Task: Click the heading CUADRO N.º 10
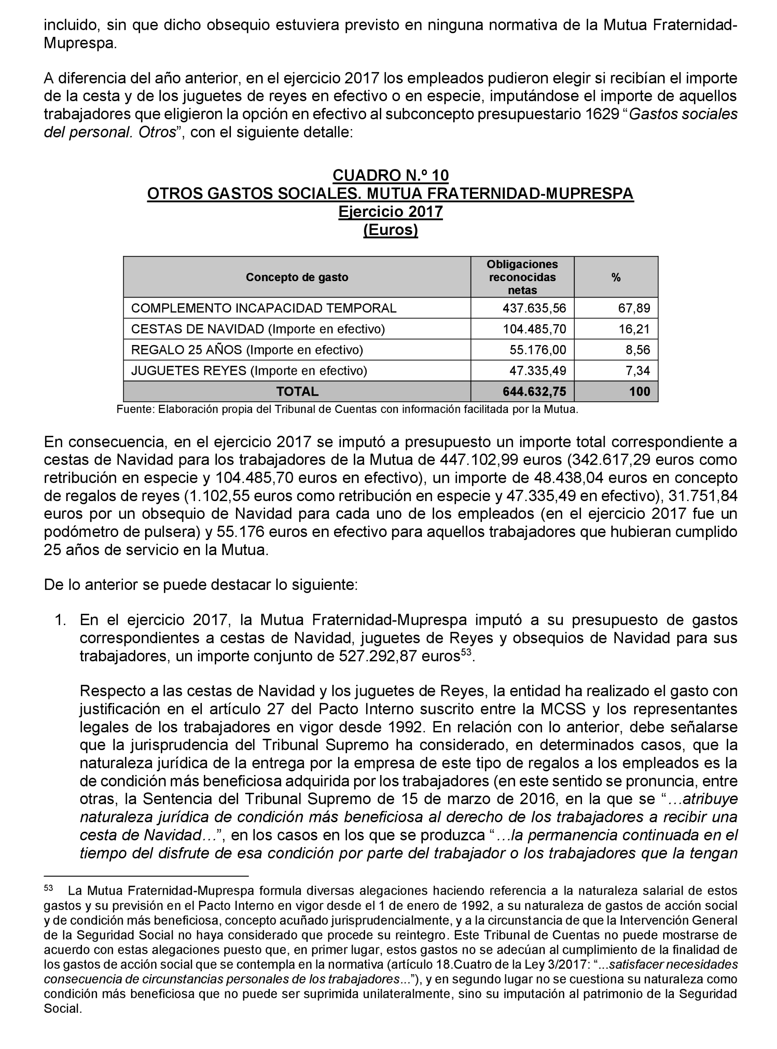[x=390, y=175]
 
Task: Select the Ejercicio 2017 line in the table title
[x=390, y=212]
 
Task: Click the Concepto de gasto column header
[x=297, y=277]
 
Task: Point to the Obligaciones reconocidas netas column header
[x=522, y=277]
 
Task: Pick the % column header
[x=616, y=277]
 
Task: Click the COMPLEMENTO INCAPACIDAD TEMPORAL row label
[x=263, y=308]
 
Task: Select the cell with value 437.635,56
[x=534, y=308]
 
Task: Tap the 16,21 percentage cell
[x=634, y=329]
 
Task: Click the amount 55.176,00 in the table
[x=538, y=350]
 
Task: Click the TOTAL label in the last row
[x=297, y=391]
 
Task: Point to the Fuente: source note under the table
[x=347, y=409]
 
